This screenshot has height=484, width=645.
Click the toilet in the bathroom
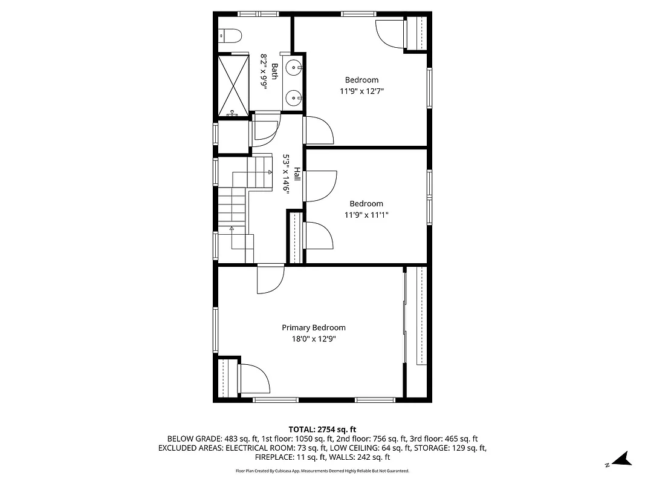(x=230, y=36)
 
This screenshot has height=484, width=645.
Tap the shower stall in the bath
(x=233, y=85)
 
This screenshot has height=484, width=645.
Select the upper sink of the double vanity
(x=293, y=67)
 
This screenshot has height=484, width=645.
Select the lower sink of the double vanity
(x=293, y=96)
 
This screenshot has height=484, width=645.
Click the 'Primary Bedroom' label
(x=314, y=328)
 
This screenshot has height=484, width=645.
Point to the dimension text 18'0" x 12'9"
(x=314, y=339)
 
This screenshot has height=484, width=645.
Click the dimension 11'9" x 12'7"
(x=361, y=91)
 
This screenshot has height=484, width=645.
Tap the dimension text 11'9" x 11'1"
(x=366, y=215)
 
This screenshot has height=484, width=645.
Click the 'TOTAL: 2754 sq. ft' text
(x=322, y=429)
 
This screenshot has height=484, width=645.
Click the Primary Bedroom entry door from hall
(x=270, y=280)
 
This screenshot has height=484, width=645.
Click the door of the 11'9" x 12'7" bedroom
(x=318, y=129)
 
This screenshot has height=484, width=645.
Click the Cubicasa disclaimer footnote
(x=322, y=471)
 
